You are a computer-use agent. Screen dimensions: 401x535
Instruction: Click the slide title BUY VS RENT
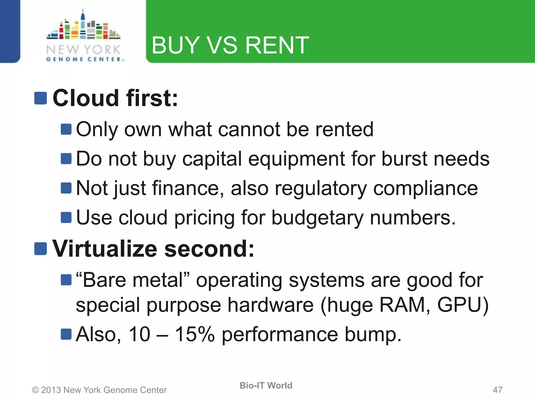point(230,45)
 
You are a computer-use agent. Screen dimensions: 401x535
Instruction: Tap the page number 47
point(497,390)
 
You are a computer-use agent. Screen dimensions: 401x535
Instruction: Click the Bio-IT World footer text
point(266,385)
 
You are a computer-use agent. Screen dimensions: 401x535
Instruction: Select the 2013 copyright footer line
point(99,390)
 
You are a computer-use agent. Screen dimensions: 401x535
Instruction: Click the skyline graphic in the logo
point(83,26)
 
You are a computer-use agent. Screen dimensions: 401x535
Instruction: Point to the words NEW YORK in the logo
point(83,50)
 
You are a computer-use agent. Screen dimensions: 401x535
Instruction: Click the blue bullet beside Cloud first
point(40,98)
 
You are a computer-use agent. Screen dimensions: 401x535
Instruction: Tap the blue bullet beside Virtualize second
point(40,249)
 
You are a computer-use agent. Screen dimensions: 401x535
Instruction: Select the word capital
point(212,159)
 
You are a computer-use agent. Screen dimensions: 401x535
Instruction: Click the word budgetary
point(317,218)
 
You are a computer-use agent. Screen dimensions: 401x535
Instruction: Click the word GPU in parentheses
point(460,305)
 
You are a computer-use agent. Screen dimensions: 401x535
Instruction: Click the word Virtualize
point(104,249)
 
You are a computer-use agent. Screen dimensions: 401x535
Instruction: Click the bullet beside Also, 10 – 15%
point(66,334)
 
